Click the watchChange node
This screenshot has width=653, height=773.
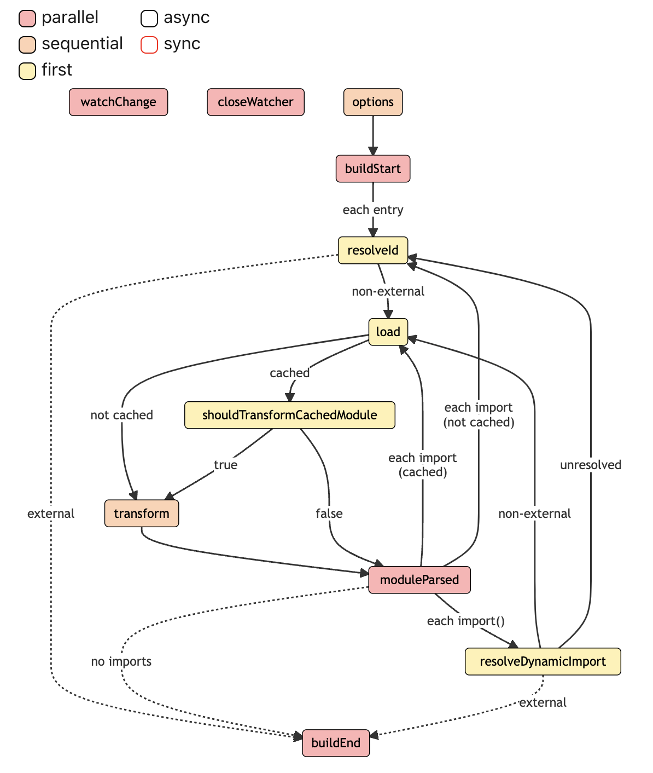118,102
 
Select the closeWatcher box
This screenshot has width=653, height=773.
255,102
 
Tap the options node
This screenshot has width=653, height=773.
373,102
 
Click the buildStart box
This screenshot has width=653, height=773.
373,169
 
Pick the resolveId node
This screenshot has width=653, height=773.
373,251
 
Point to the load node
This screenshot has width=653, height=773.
388,332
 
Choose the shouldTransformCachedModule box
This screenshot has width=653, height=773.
290,415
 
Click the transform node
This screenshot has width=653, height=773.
142,514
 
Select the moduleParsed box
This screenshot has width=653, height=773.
419,580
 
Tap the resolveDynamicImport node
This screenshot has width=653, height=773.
543,662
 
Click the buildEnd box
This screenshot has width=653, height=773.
336,743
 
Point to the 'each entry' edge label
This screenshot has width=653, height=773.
373,210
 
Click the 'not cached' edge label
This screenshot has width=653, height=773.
122,415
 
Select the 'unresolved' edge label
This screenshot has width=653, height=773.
591,465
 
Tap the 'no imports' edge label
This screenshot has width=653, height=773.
121,661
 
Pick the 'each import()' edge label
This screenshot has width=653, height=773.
465,621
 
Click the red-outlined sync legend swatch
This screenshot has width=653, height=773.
149,44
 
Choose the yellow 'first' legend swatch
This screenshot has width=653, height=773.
27,71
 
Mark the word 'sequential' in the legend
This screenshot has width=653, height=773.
82,44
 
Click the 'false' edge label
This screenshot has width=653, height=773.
329,514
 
